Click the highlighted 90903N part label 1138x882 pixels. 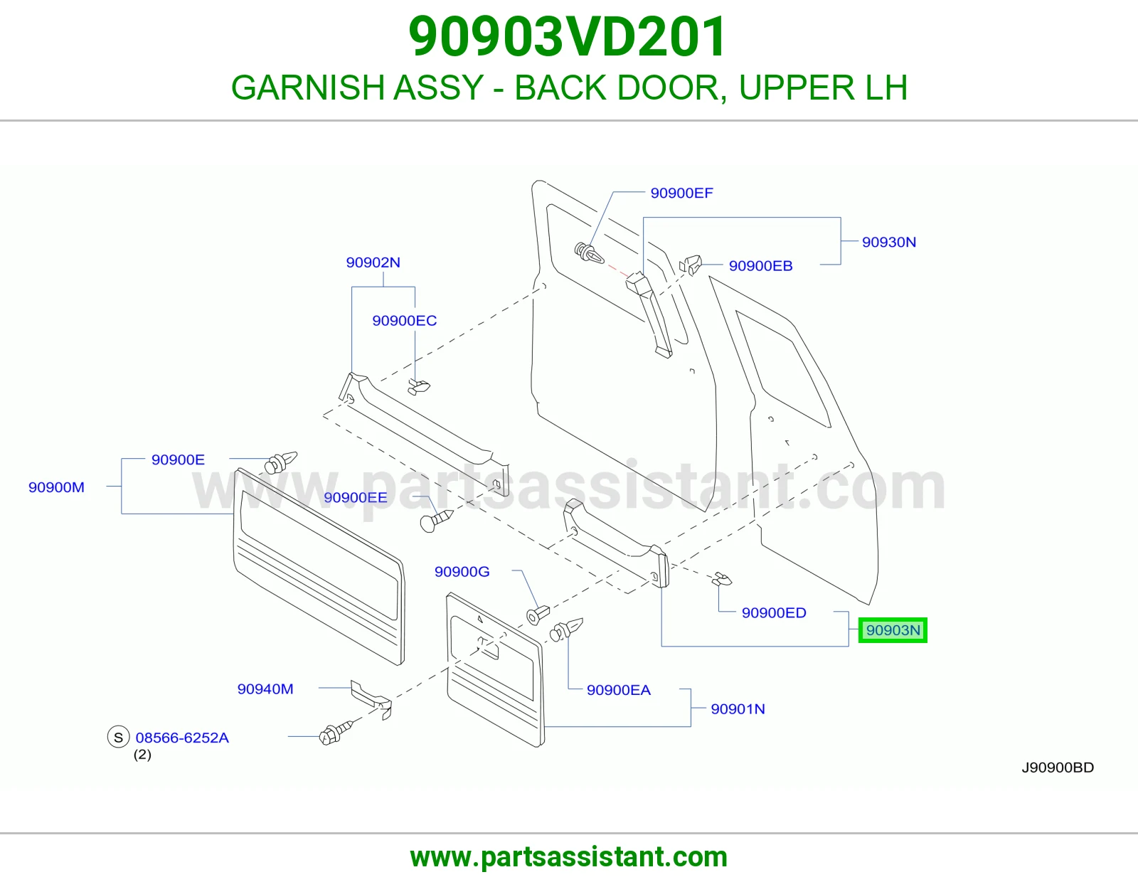tap(893, 630)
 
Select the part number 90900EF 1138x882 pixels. tap(681, 193)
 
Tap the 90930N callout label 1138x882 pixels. tap(889, 242)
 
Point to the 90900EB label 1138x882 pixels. tap(760, 266)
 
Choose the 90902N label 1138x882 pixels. tap(373, 262)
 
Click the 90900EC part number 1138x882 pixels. tap(404, 321)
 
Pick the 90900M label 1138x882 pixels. tap(56, 488)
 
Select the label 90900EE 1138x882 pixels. tap(356, 498)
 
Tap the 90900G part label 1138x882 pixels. tap(462, 572)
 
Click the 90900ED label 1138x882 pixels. tap(774, 613)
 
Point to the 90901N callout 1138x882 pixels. tap(738, 709)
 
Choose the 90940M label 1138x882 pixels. tap(265, 689)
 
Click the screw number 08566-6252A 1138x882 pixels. tap(182, 738)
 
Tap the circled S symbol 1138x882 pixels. tap(118, 737)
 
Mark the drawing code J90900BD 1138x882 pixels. tap(1058, 767)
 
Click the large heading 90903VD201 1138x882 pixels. tap(568, 36)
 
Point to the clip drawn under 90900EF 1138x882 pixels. tap(589, 253)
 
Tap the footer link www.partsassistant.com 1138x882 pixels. tap(569, 857)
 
